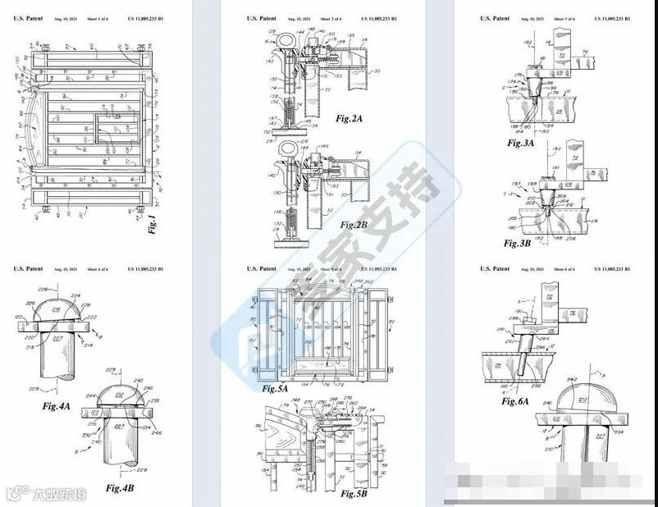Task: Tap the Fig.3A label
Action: click(520, 143)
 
